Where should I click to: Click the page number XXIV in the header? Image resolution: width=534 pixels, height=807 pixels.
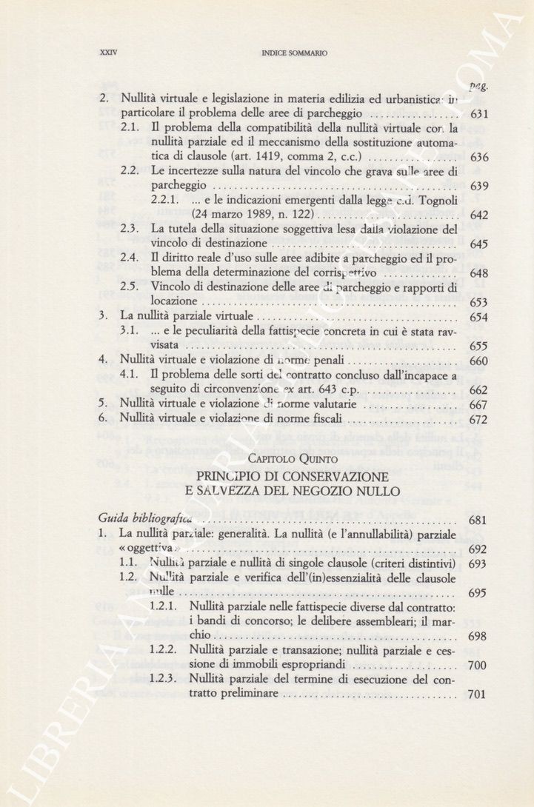(x=109, y=53)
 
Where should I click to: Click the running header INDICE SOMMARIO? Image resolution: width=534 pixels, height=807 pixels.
(x=294, y=53)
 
